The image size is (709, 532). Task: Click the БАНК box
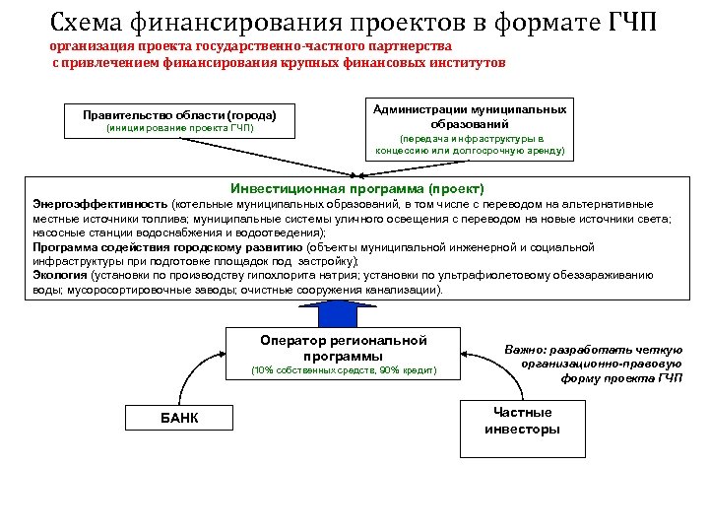tap(179, 418)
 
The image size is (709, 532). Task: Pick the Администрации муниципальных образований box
tap(469, 129)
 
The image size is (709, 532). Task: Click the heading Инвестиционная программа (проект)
tap(357, 187)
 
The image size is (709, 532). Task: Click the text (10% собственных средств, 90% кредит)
tap(343, 370)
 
